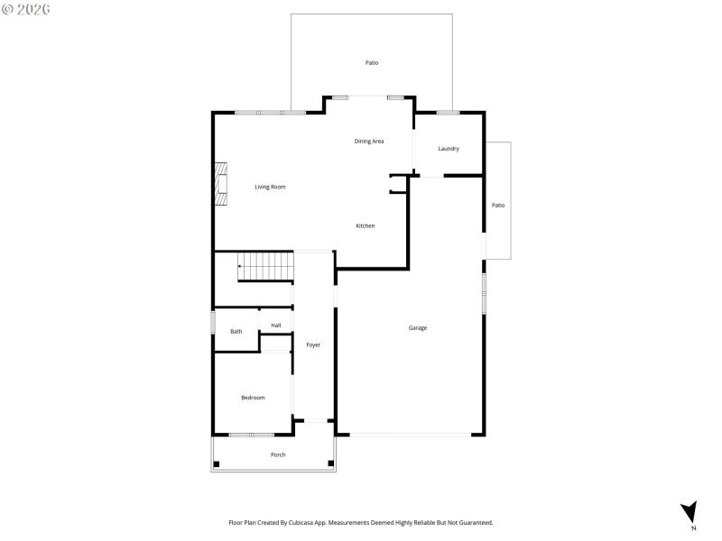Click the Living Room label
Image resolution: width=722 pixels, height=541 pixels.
tap(270, 187)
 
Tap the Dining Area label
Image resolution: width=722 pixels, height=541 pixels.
tap(369, 142)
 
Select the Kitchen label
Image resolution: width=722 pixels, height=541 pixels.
tap(365, 225)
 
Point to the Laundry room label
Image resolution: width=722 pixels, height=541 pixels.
tap(449, 149)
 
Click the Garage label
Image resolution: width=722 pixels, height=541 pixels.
tap(417, 327)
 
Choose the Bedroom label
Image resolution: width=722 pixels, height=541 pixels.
tap(253, 398)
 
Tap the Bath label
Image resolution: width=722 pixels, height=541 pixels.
tap(236, 331)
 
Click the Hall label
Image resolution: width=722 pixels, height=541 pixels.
tap(275, 325)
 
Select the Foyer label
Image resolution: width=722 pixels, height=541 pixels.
tap(313, 344)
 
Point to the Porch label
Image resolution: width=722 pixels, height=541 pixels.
tap(278, 454)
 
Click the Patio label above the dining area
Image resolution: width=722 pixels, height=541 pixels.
tap(372, 63)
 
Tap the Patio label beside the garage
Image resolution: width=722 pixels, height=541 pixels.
tap(498, 206)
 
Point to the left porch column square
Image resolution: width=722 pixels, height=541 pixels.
tap(216, 463)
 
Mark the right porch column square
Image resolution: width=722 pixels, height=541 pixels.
tap(330, 463)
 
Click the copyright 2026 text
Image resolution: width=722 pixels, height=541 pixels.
tap(26, 8)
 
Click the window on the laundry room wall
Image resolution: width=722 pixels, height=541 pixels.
tap(448, 112)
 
